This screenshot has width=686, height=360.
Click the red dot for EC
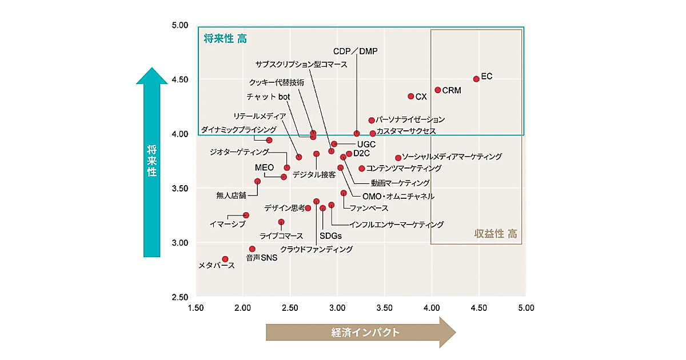(x=476, y=79)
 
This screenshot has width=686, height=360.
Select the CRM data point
(x=438, y=90)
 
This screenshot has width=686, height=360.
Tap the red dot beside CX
(x=410, y=96)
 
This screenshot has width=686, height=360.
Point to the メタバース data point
(x=225, y=259)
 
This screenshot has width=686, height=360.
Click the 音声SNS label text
(x=261, y=258)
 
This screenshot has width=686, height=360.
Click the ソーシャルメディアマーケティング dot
(x=398, y=158)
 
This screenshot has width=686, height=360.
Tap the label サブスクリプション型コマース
(x=301, y=64)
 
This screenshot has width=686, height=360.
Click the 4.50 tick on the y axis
(x=180, y=79)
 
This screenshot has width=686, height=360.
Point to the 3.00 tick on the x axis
(x=337, y=308)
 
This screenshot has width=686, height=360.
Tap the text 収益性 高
(x=496, y=233)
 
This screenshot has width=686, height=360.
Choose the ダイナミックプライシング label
(x=238, y=130)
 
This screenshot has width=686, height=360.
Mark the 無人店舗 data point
(x=257, y=181)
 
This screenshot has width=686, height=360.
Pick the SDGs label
(x=330, y=236)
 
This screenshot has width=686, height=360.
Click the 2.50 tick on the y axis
(x=180, y=297)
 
